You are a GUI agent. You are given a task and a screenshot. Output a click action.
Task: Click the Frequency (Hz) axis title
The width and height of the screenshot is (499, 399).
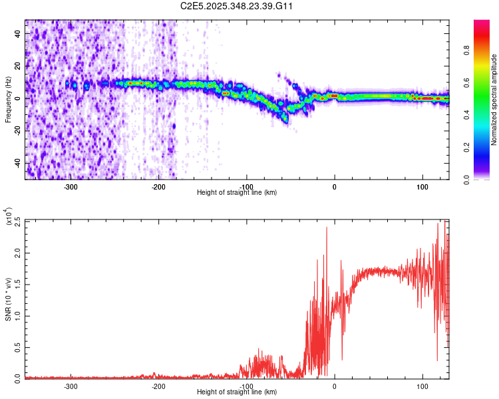point(8,99)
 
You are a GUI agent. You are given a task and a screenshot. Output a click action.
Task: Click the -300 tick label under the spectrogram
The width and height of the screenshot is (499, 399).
point(71,187)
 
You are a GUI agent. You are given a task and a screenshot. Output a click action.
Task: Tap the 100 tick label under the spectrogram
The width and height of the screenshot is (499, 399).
point(422,187)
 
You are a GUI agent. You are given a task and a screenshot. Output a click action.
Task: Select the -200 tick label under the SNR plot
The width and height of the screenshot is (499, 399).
point(158,386)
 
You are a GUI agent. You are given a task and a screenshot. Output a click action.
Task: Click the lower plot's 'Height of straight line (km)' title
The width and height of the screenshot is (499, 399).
point(237,392)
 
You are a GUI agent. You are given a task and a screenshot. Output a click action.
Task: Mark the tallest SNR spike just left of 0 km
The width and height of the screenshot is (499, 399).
point(327,228)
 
